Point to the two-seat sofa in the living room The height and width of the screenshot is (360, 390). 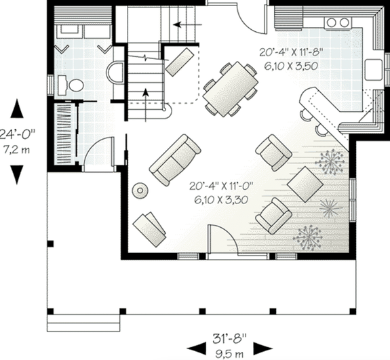(x=175, y=159)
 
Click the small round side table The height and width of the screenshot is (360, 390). (x=140, y=191)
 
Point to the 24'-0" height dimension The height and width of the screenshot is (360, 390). (x=18, y=134)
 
